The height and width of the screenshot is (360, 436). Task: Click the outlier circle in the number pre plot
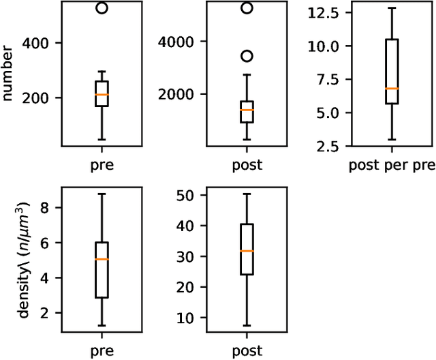coord(102,8)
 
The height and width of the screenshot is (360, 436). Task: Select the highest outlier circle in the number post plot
coord(247,8)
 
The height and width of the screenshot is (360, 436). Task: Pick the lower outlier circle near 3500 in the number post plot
coord(247,56)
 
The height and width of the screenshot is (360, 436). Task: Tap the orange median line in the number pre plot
coord(102,95)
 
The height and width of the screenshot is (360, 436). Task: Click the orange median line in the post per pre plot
coord(392,89)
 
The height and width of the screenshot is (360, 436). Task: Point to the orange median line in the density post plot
coord(247,251)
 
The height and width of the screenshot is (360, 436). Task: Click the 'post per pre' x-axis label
coord(392,165)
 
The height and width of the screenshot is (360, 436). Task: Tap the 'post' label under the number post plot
coord(247,165)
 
